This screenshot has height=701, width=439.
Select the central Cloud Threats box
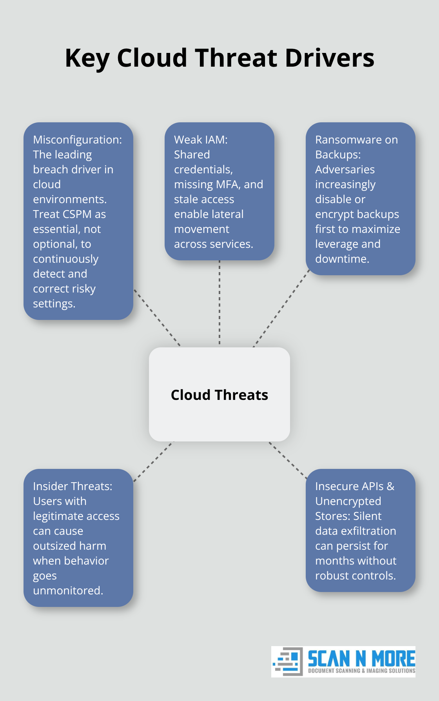(219, 394)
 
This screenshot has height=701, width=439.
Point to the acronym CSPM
(77, 214)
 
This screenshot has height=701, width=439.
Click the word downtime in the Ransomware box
(342, 259)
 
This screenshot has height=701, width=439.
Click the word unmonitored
(67, 590)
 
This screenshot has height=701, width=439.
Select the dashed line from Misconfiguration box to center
(157, 318)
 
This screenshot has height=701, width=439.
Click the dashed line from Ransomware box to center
(281, 308)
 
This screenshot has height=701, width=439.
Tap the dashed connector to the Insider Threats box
(153, 461)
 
